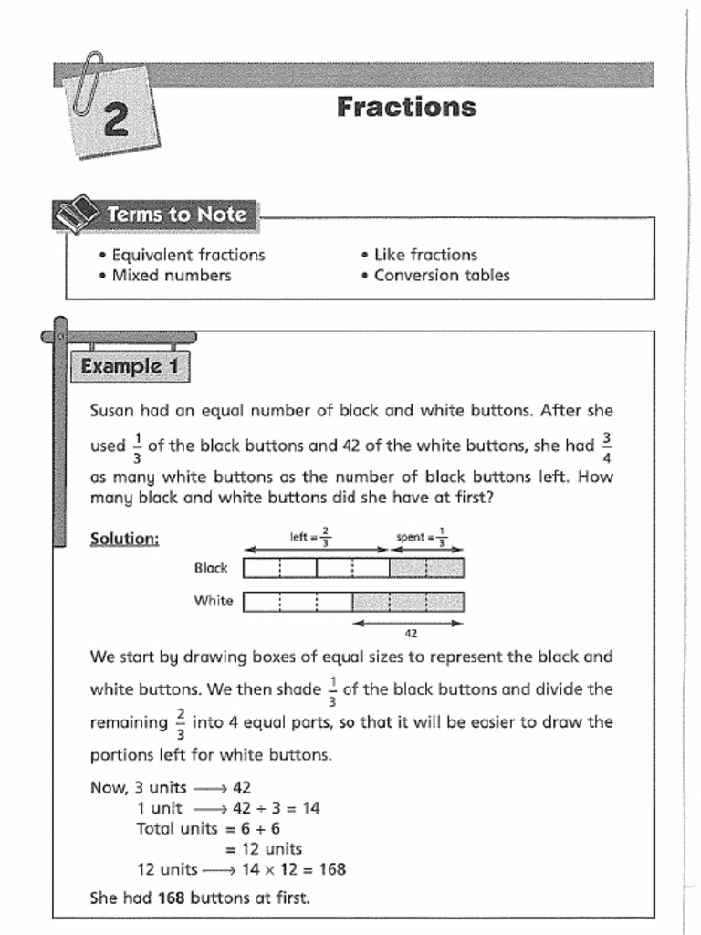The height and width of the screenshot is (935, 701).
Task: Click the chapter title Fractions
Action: (406, 107)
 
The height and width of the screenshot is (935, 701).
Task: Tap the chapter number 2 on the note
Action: (115, 121)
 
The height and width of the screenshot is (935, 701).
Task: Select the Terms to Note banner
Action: (176, 215)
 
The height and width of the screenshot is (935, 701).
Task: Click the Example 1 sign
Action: (131, 367)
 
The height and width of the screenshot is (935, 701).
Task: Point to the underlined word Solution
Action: (124, 539)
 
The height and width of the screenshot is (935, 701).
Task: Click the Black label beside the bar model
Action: (211, 568)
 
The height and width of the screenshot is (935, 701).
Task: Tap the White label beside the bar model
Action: (213, 601)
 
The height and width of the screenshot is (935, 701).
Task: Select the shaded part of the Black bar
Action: (426, 568)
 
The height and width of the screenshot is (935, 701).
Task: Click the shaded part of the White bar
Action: (408, 601)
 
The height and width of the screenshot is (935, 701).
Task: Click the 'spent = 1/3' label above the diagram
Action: (422, 537)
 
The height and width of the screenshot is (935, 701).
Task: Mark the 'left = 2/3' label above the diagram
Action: (311, 537)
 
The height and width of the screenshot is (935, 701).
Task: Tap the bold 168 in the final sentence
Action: (171, 898)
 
